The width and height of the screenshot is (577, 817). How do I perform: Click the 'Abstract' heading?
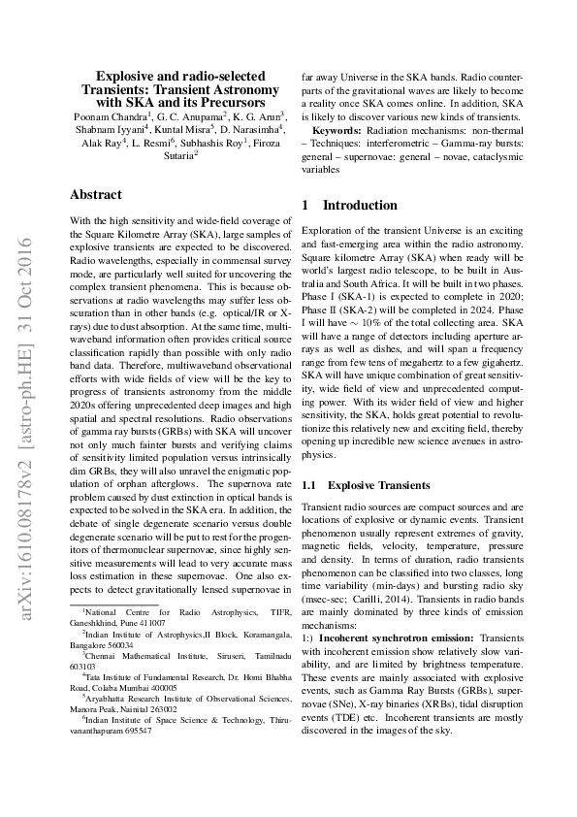96,195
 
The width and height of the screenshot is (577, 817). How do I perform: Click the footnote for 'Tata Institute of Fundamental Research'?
170,675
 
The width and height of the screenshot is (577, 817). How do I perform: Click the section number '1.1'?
310,484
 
